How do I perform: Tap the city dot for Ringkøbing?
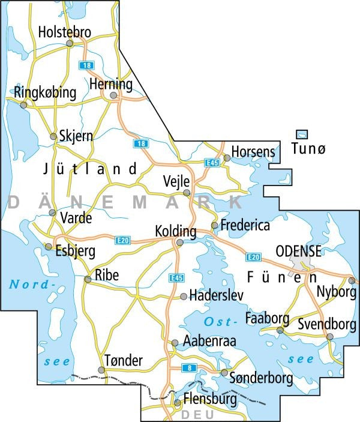[x=23, y=105]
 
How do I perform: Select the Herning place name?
[x=110, y=84]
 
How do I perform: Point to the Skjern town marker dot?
[x=53, y=137]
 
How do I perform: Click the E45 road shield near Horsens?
[x=210, y=163]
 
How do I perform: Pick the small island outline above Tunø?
[x=302, y=135]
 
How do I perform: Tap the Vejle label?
[x=176, y=181]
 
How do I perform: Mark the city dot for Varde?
[x=53, y=213]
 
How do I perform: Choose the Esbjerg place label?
[x=75, y=252]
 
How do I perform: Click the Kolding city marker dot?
[x=179, y=243]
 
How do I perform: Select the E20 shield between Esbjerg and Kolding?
[x=122, y=241]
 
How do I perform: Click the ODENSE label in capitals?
[x=298, y=251]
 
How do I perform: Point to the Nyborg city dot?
[x=352, y=280]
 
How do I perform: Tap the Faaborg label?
[x=268, y=317]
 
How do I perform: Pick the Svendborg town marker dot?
[x=329, y=337]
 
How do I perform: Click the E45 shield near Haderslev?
[x=176, y=277]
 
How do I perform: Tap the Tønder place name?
[x=123, y=360]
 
